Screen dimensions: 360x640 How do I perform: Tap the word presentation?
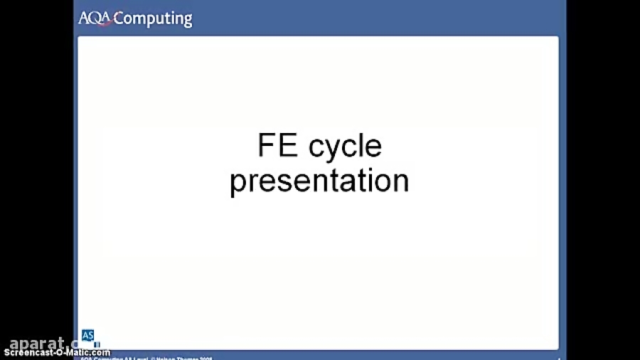319,181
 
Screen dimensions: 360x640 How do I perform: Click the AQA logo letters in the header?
95,18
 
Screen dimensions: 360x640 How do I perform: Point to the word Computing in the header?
152,19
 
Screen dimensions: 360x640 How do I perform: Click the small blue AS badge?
87,335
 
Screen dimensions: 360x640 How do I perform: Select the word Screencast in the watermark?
28,353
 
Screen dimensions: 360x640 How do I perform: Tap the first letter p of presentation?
238,183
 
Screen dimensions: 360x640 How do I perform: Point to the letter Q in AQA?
95,18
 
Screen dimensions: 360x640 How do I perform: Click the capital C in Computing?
119,18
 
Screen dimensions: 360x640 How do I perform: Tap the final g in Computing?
187,21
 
